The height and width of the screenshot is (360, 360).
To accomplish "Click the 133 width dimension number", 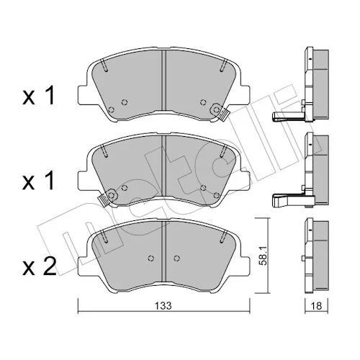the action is [x=163, y=306].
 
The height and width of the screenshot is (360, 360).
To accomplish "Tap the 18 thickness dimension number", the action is [x=317, y=306].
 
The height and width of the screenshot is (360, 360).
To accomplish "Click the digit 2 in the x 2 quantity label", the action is [x=50, y=266].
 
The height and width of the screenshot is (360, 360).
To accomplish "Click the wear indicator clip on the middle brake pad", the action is [x=107, y=197].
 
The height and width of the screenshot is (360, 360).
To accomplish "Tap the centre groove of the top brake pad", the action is [x=163, y=81].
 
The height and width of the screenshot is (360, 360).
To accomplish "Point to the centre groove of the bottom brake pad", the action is [x=163, y=251].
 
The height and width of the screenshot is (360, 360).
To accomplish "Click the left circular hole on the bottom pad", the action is [x=150, y=258].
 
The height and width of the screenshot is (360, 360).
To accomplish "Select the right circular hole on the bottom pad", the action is [x=177, y=258].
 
